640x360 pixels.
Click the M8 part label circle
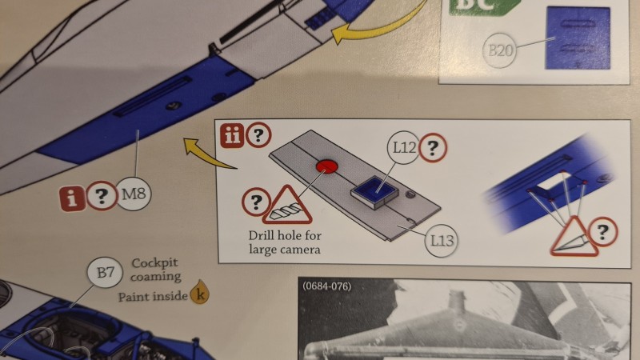coord(134,194)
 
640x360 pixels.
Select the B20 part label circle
coord(499,50)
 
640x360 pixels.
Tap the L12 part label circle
coord(404,148)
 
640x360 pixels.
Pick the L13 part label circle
coord(442,241)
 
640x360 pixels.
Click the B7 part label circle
coord(105,272)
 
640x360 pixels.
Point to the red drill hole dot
coord(327,166)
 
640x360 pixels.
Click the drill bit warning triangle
coord(287,206)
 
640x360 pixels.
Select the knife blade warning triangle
coord(573,237)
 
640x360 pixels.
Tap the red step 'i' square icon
coord(72,198)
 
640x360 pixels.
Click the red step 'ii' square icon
coord(232,135)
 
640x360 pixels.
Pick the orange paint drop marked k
coord(199,292)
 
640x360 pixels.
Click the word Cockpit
coord(154,263)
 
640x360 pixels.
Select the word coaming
coord(155,277)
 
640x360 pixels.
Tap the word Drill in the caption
coord(262,235)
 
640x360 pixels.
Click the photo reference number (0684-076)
coord(327,286)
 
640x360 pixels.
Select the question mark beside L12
coord(433,147)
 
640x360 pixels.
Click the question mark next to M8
coord(101,196)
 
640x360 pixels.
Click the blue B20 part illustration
coord(578,38)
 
